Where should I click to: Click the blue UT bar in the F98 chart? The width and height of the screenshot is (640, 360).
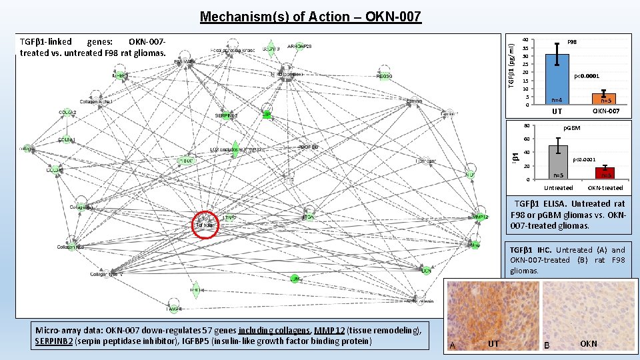[557, 79]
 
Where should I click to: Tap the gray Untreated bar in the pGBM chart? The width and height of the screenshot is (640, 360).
[558, 162]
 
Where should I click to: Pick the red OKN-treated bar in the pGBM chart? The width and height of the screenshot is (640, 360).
[605, 173]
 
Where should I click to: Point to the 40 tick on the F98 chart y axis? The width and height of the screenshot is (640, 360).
[525, 40]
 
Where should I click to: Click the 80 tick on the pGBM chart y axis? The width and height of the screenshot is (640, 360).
[526, 126]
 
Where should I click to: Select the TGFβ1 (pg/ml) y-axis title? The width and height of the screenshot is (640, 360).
[511, 64]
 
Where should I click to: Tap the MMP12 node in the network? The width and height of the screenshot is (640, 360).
[481, 217]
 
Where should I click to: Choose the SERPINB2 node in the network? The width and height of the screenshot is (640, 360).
[227, 115]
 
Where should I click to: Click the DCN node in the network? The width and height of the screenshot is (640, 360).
[425, 271]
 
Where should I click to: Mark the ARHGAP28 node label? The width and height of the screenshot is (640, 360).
[299, 46]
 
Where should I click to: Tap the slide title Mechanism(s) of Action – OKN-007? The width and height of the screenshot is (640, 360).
[310, 17]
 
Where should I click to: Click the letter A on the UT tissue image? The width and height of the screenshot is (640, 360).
[453, 345]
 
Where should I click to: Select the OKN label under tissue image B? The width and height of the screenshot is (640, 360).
[589, 344]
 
